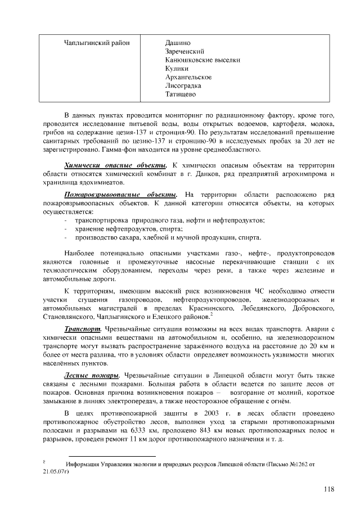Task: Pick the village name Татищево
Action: (180, 94)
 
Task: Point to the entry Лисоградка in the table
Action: (183, 85)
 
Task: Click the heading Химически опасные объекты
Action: (115, 165)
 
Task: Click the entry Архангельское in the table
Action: (188, 77)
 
